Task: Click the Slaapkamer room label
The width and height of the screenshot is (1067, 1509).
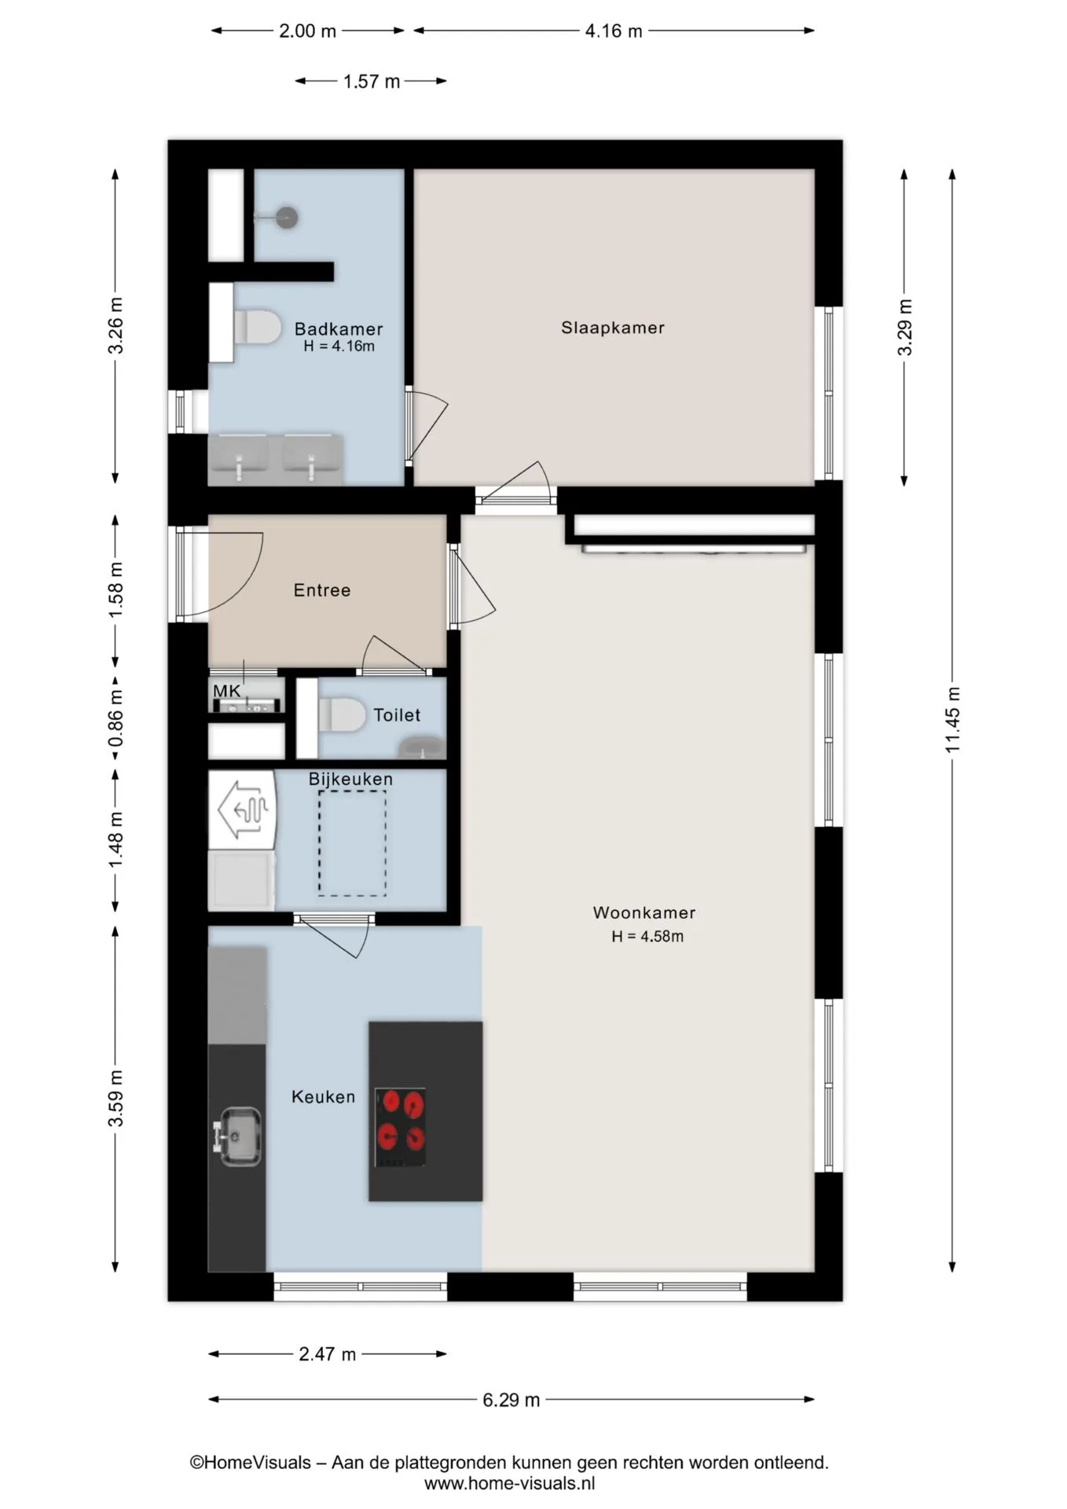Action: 612,328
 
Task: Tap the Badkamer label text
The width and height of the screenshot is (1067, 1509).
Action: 339,329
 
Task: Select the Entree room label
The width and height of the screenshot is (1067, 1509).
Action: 322,590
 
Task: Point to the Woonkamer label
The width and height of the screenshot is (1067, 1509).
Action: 644,912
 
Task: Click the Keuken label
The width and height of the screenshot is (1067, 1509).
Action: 323,1096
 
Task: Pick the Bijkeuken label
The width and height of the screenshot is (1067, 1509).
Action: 350,779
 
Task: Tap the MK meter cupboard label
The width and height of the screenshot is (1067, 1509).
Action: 227,691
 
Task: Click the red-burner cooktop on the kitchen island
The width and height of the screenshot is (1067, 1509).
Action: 401,1127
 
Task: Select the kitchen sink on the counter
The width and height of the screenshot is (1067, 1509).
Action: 238,1136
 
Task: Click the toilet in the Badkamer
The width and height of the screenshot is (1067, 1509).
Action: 257,327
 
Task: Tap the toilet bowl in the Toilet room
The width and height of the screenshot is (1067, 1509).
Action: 342,715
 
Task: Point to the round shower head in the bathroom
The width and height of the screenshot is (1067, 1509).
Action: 288,217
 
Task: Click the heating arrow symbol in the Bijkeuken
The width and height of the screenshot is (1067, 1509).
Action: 244,809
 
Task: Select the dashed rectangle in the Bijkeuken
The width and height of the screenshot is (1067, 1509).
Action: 352,843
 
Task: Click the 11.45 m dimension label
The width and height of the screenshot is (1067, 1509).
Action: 952,720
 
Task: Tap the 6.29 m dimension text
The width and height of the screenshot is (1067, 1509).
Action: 511,1400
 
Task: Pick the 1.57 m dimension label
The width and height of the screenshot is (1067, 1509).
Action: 372,81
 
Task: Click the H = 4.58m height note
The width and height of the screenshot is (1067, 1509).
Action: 647,936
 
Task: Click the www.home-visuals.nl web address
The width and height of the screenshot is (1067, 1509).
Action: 510,1483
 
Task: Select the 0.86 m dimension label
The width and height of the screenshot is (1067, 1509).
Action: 116,718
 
